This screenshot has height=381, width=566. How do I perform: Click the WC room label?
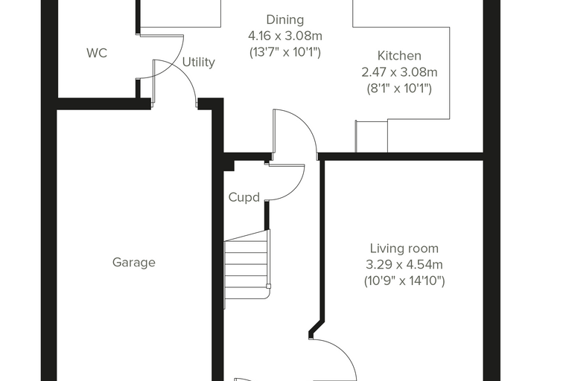click(x=97, y=53)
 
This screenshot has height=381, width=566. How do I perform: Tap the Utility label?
click(x=199, y=62)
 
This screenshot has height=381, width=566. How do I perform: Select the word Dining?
click(x=284, y=20)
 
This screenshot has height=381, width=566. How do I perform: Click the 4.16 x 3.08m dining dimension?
click(x=284, y=36)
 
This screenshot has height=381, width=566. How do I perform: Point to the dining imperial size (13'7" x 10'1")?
click(x=284, y=52)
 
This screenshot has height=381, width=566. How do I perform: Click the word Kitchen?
click(x=399, y=56)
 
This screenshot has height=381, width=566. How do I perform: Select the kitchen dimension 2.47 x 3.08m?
click(x=399, y=72)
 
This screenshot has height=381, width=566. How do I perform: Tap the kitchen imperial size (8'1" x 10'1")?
click(x=399, y=89)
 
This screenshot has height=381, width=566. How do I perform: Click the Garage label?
click(x=134, y=262)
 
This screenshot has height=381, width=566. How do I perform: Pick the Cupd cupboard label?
click(x=244, y=197)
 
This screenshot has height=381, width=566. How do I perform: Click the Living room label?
click(x=404, y=249)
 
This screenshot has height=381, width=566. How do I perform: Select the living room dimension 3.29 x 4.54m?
click(x=404, y=264)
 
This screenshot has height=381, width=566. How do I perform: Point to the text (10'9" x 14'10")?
click(x=404, y=281)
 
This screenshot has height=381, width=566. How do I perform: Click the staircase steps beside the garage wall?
click(x=247, y=269)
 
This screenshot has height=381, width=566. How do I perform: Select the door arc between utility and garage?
click(x=184, y=73)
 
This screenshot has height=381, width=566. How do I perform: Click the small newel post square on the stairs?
click(x=268, y=286)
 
